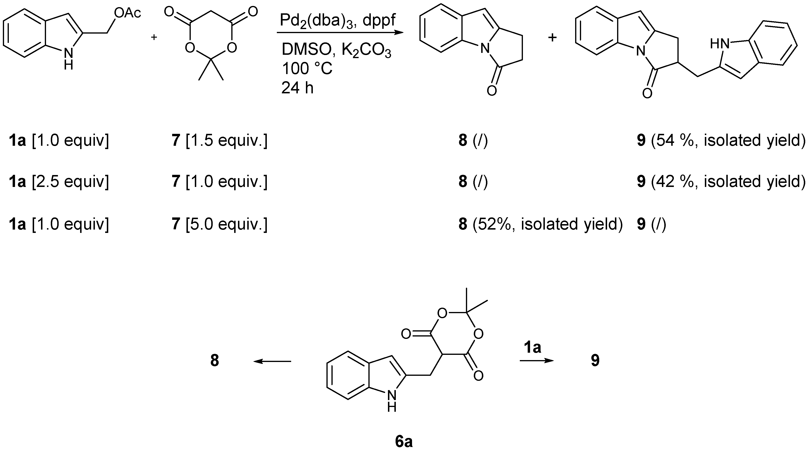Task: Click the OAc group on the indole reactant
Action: pyautogui.click(x=127, y=13)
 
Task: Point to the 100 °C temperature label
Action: pyautogui.click(x=307, y=69)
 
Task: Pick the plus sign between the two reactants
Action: pyautogui.click(x=154, y=37)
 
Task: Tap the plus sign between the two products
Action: pyautogui.click(x=552, y=38)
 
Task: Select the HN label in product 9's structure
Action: pyautogui.click(x=719, y=44)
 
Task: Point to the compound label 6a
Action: pyautogui.click(x=404, y=442)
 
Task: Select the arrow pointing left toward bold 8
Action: pyautogui.click(x=272, y=361)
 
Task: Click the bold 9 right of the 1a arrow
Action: pyautogui.click(x=595, y=361)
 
